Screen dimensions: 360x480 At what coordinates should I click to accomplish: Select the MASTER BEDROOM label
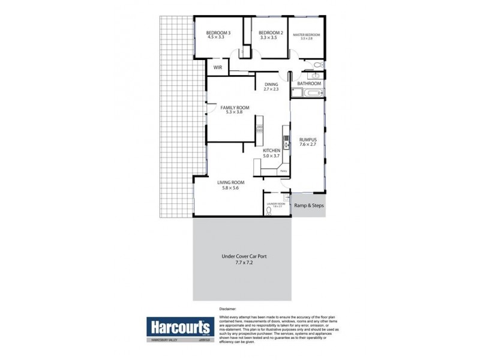[306, 35]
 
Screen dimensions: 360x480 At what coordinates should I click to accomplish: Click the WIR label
[218, 68]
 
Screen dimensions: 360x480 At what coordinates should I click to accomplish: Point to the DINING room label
[271, 85]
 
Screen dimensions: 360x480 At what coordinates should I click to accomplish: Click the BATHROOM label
[310, 83]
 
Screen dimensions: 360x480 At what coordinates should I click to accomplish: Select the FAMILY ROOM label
[235, 107]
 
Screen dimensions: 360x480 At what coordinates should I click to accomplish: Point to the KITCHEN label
[272, 151]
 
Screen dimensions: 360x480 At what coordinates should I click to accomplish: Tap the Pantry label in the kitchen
[283, 172]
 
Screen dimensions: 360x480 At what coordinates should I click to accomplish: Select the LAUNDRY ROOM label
[277, 204]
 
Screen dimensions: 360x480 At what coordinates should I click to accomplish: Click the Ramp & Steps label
[309, 206]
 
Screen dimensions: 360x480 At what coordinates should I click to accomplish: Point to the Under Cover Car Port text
[244, 256]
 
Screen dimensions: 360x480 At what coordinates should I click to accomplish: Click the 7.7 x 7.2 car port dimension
[244, 263]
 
